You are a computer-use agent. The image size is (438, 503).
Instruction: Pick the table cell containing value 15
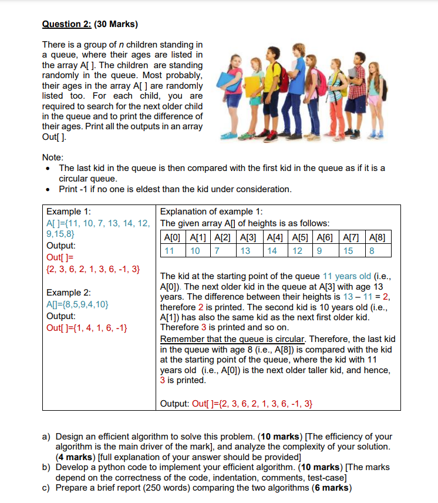click(x=349, y=251)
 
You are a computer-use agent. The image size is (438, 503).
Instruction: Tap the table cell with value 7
click(x=217, y=251)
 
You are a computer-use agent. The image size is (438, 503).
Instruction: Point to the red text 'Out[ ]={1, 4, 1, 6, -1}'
click(x=87, y=327)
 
